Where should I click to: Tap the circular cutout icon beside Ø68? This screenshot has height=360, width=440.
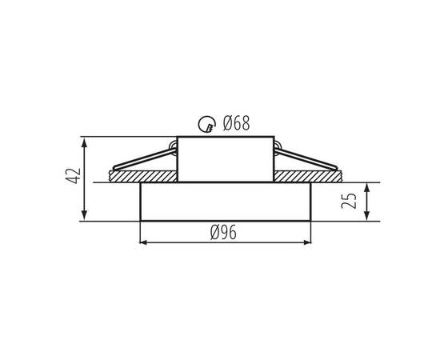coord(207,123)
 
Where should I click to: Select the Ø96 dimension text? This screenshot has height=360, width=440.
coord(224,232)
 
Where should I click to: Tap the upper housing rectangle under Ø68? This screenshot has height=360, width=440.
coord(226,158)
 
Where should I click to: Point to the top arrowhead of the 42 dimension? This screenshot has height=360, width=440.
coord(84,141)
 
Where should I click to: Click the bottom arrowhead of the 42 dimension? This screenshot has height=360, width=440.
coord(84,216)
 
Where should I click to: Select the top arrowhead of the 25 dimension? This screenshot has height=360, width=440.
coord(367,186)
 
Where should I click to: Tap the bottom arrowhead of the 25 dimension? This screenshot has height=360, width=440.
coord(367,216)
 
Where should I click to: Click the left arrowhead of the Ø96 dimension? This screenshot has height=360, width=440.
coord(144,242)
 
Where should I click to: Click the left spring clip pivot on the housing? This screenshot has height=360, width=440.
coord(173,145)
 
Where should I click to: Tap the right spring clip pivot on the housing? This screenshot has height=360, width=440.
coord(278,145)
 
